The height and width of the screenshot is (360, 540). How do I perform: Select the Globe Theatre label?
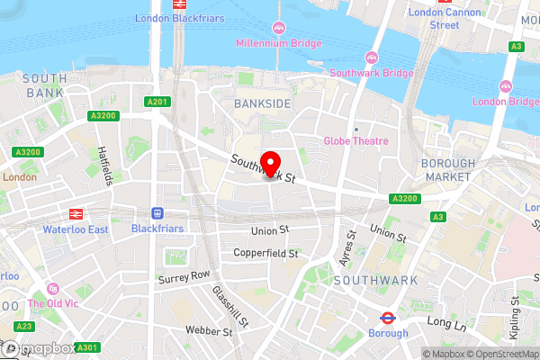coord(356,141)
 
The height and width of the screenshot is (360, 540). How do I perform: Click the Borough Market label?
coord(447,170)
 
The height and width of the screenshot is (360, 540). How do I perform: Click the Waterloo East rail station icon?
coord(76,214)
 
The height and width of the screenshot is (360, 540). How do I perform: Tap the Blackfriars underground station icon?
coord(157,214)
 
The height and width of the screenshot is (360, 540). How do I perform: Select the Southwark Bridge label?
coord(372,73)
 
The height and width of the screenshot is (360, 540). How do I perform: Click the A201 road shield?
coord(157,102)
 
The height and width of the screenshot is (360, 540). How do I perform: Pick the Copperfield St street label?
coord(265,254)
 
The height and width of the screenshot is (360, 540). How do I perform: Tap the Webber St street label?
coord(209,331)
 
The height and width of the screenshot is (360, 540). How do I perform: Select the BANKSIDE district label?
coord(263,104)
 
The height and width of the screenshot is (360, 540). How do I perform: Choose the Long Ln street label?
coord(443,320)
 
